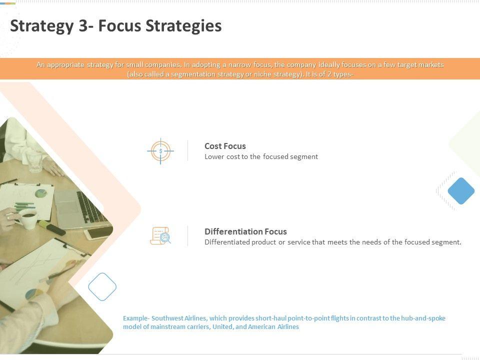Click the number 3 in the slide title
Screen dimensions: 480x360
pyautogui.click(x=83, y=25)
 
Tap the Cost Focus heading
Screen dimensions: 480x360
pyautogui.click(x=225, y=146)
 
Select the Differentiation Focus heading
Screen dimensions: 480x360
pyautogui.click(x=245, y=231)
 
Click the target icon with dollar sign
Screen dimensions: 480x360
pyautogui.click(x=160, y=151)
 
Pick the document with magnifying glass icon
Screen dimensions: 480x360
pyautogui.click(x=160, y=235)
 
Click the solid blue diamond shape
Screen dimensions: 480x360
pyautogui.click(x=461, y=190)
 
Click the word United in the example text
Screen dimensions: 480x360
pyautogui.click(x=222, y=326)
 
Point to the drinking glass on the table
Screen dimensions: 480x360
pyautogui.click(x=34, y=161)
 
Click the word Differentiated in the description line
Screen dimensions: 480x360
pyautogui.click(x=227, y=242)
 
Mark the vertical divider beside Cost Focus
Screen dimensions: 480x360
pyautogui.click(x=187, y=150)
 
